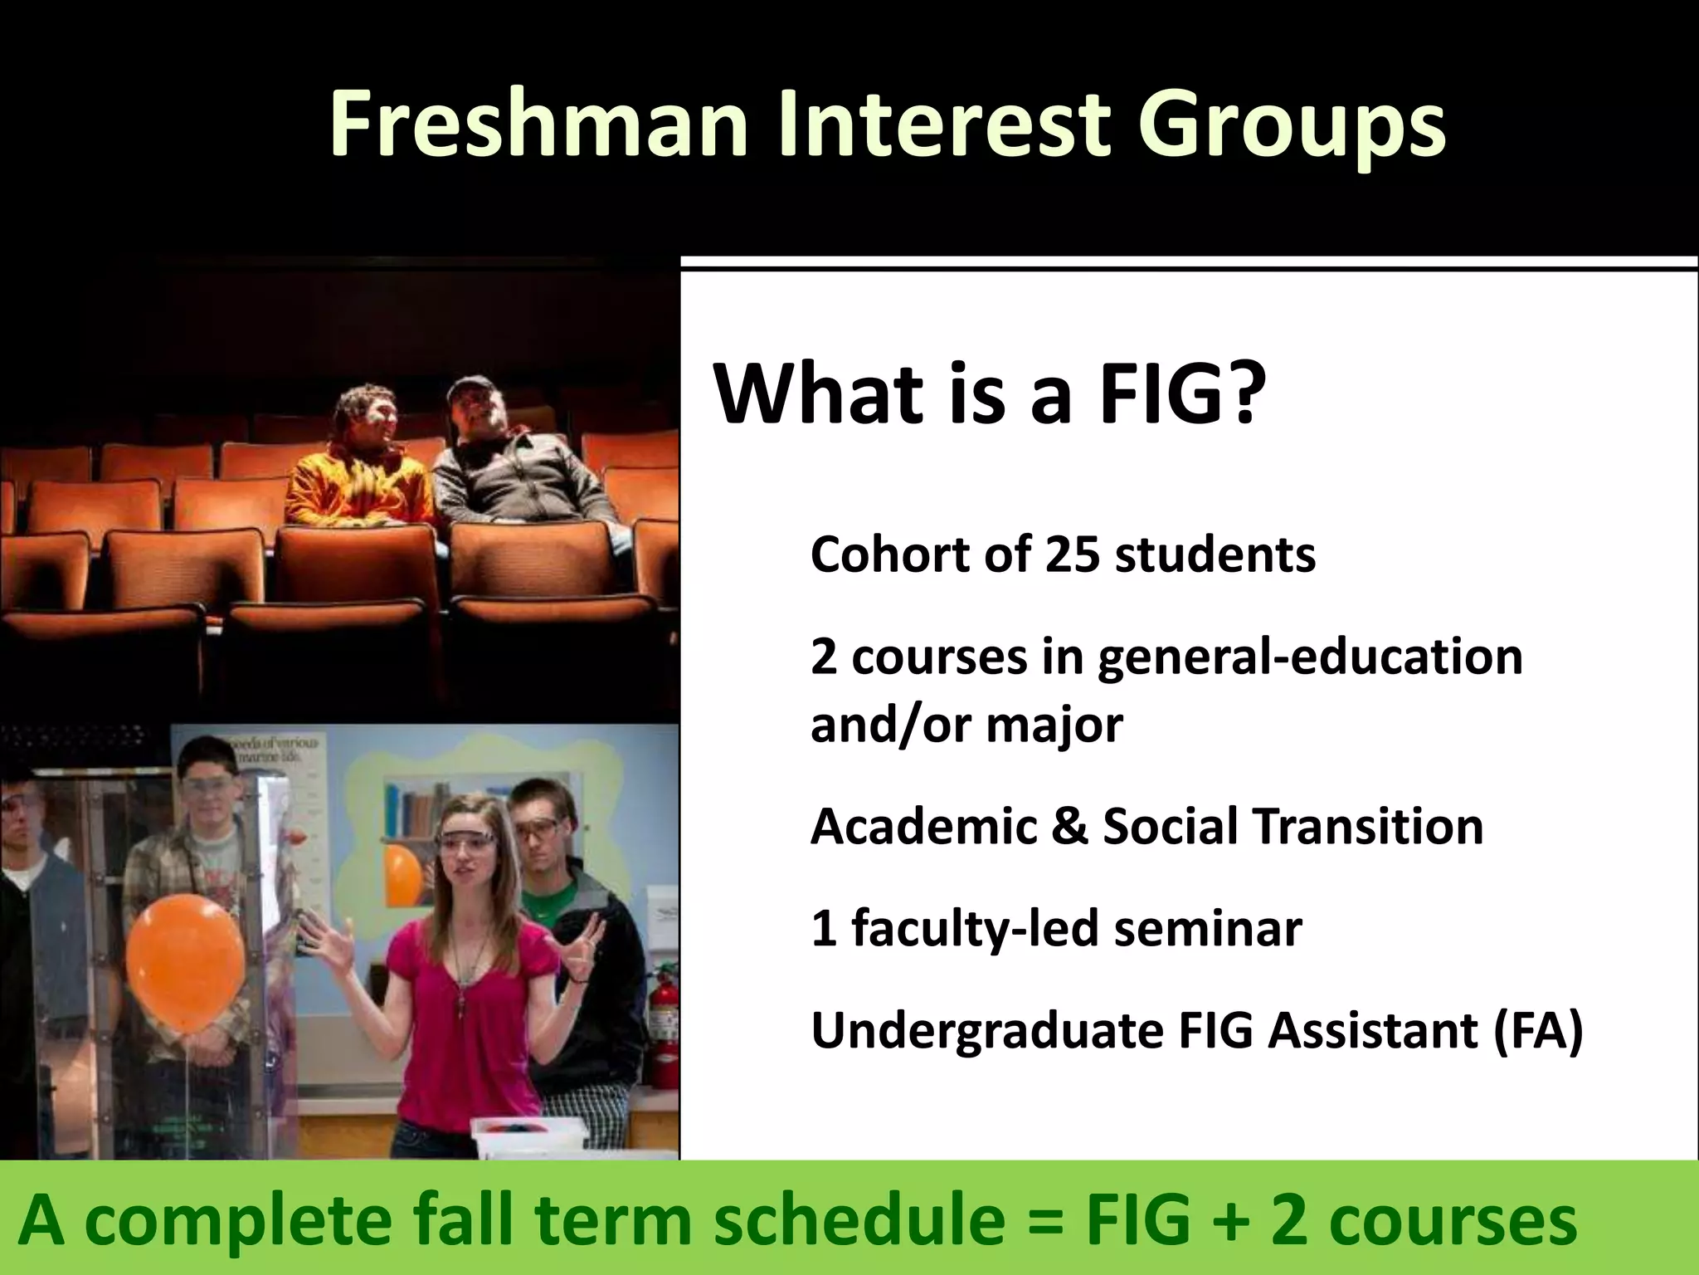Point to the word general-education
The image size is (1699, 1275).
pyautogui.click(x=1311, y=657)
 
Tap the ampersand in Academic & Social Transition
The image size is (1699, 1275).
pyautogui.click(x=1069, y=827)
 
